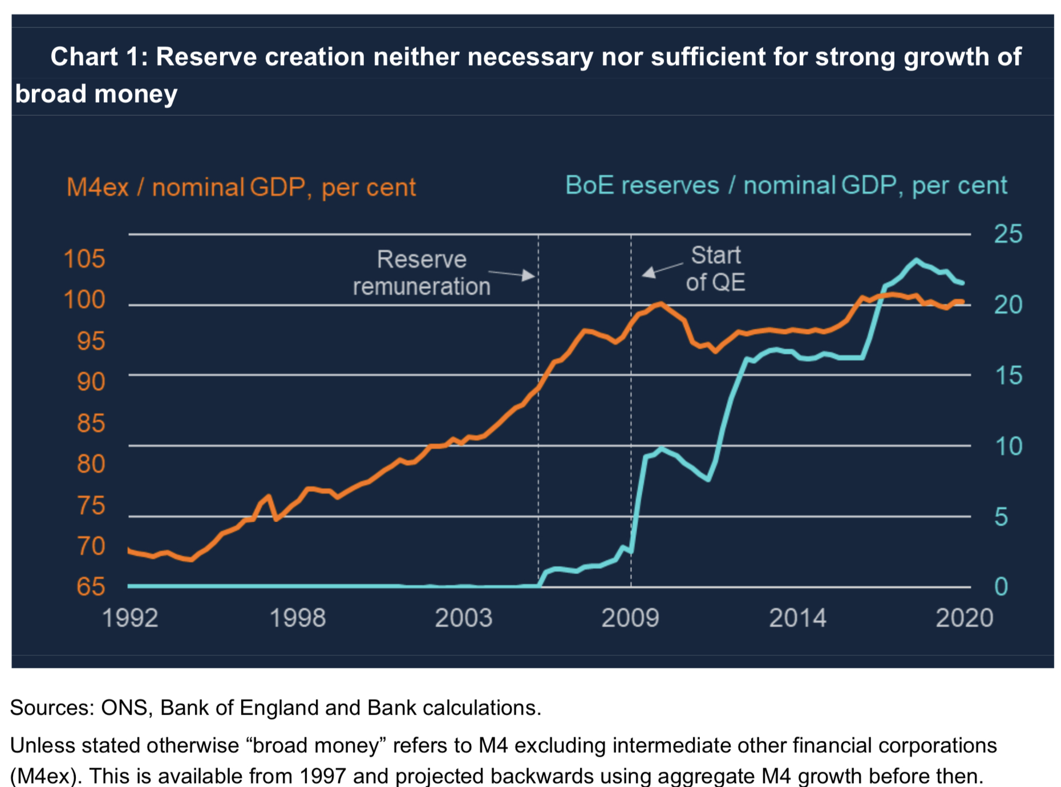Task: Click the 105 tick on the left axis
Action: point(84,259)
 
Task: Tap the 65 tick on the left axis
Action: point(91,586)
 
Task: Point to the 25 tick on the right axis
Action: point(1008,234)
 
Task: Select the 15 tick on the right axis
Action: point(1008,375)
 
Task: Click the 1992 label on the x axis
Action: point(130,618)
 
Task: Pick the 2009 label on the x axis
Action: point(630,618)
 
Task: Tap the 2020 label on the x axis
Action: point(964,618)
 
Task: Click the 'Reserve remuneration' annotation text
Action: point(422,273)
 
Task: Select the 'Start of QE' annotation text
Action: point(715,269)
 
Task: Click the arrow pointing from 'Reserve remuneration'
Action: point(513,274)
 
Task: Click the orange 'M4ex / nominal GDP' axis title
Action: point(241,187)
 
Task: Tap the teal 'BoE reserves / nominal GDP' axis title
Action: point(785,185)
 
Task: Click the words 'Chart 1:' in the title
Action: point(99,57)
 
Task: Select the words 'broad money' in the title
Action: point(96,94)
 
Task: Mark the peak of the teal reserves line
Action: point(916,260)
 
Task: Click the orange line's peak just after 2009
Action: point(660,303)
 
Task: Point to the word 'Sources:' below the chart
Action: point(51,707)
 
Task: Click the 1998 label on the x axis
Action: point(297,618)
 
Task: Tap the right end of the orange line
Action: point(962,302)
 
